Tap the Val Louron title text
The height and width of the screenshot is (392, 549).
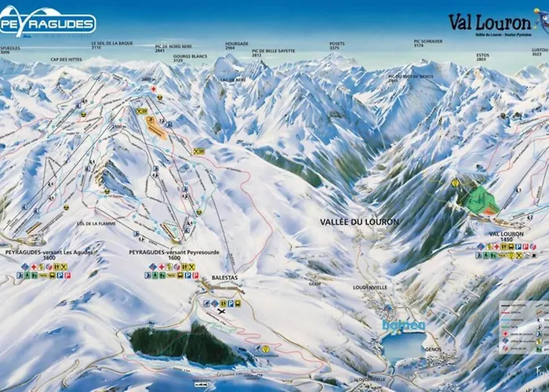point(492,21)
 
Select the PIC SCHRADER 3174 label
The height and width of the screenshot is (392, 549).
point(428,43)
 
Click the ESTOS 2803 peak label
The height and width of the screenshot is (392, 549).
point(482,56)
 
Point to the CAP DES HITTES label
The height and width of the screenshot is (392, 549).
point(66,60)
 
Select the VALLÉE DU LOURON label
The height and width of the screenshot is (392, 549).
point(359,222)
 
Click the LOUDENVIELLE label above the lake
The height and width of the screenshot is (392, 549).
point(370,288)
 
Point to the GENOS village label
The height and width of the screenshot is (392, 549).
point(432,350)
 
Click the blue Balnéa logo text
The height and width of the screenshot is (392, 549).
point(404,325)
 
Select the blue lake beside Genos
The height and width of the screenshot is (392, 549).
point(403,345)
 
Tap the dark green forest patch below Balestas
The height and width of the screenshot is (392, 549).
point(180,343)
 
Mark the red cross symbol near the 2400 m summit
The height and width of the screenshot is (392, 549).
point(154,89)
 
